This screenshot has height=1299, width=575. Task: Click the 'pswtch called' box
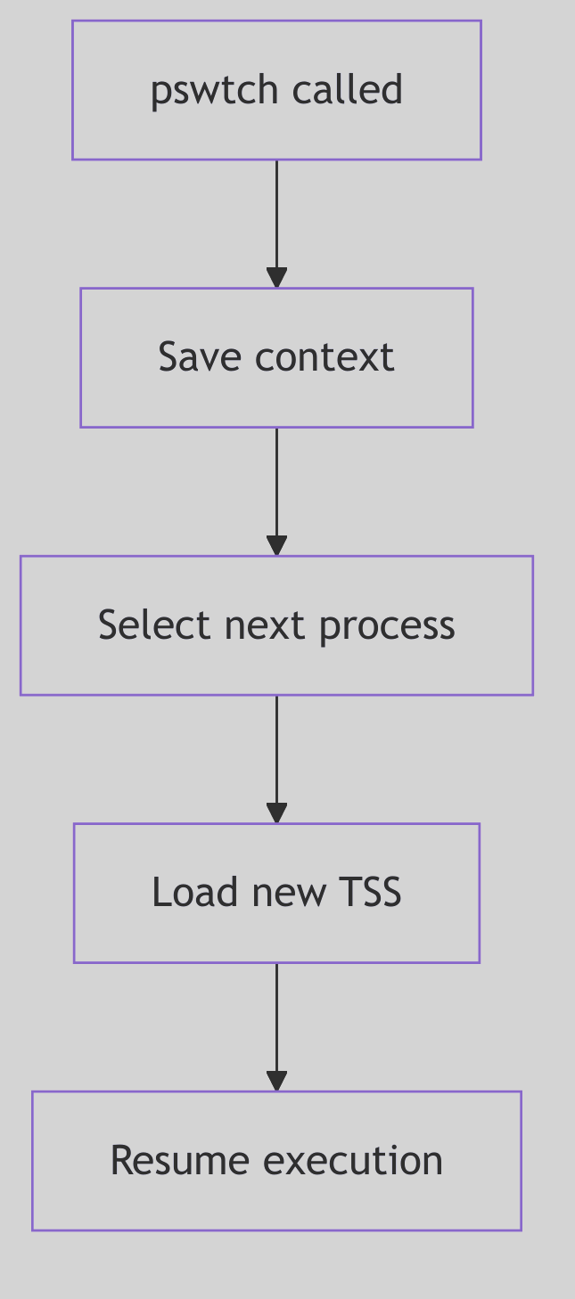(x=276, y=90)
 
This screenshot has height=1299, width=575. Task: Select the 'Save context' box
(x=276, y=357)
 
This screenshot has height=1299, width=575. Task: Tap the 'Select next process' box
(x=276, y=625)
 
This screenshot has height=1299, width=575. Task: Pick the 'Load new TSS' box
(x=276, y=893)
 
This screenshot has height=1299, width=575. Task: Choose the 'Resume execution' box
(x=276, y=1161)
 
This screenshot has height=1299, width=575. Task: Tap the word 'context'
(x=324, y=358)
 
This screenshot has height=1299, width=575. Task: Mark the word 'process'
(x=387, y=626)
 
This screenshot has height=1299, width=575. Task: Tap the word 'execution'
(x=353, y=1161)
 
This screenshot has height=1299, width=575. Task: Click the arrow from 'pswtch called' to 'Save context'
(x=277, y=223)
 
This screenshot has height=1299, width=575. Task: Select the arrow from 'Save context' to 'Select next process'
(x=277, y=490)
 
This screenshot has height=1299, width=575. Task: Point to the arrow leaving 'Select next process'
(x=277, y=757)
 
